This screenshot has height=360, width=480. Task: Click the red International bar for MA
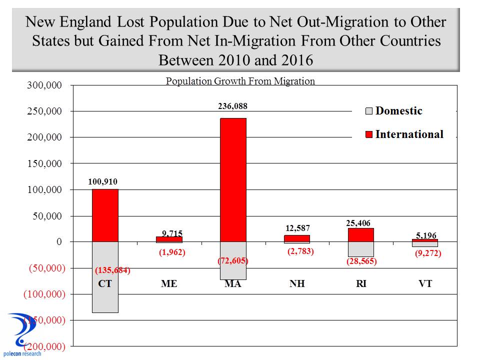(x=233, y=180)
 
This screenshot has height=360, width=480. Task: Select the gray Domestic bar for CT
(x=105, y=295)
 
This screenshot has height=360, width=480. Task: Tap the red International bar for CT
(x=105, y=215)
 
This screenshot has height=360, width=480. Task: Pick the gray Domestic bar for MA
(x=233, y=270)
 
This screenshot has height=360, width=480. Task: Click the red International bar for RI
(x=361, y=235)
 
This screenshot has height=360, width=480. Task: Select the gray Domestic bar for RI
(x=361, y=249)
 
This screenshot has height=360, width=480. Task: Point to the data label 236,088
(x=232, y=106)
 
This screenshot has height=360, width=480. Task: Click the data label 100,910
(x=103, y=181)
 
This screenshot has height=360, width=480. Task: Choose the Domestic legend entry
(x=394, y=111)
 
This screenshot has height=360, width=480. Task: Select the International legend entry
(x=404, y=134)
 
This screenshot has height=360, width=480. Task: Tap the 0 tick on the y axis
(x=59, y=242)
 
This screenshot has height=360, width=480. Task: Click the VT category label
(x=425, y=284)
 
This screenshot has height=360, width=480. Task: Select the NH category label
(x=297, y=284)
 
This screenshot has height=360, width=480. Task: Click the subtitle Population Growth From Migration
(x=240, y=81)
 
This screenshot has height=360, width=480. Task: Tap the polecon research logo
(x=22, y=335)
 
